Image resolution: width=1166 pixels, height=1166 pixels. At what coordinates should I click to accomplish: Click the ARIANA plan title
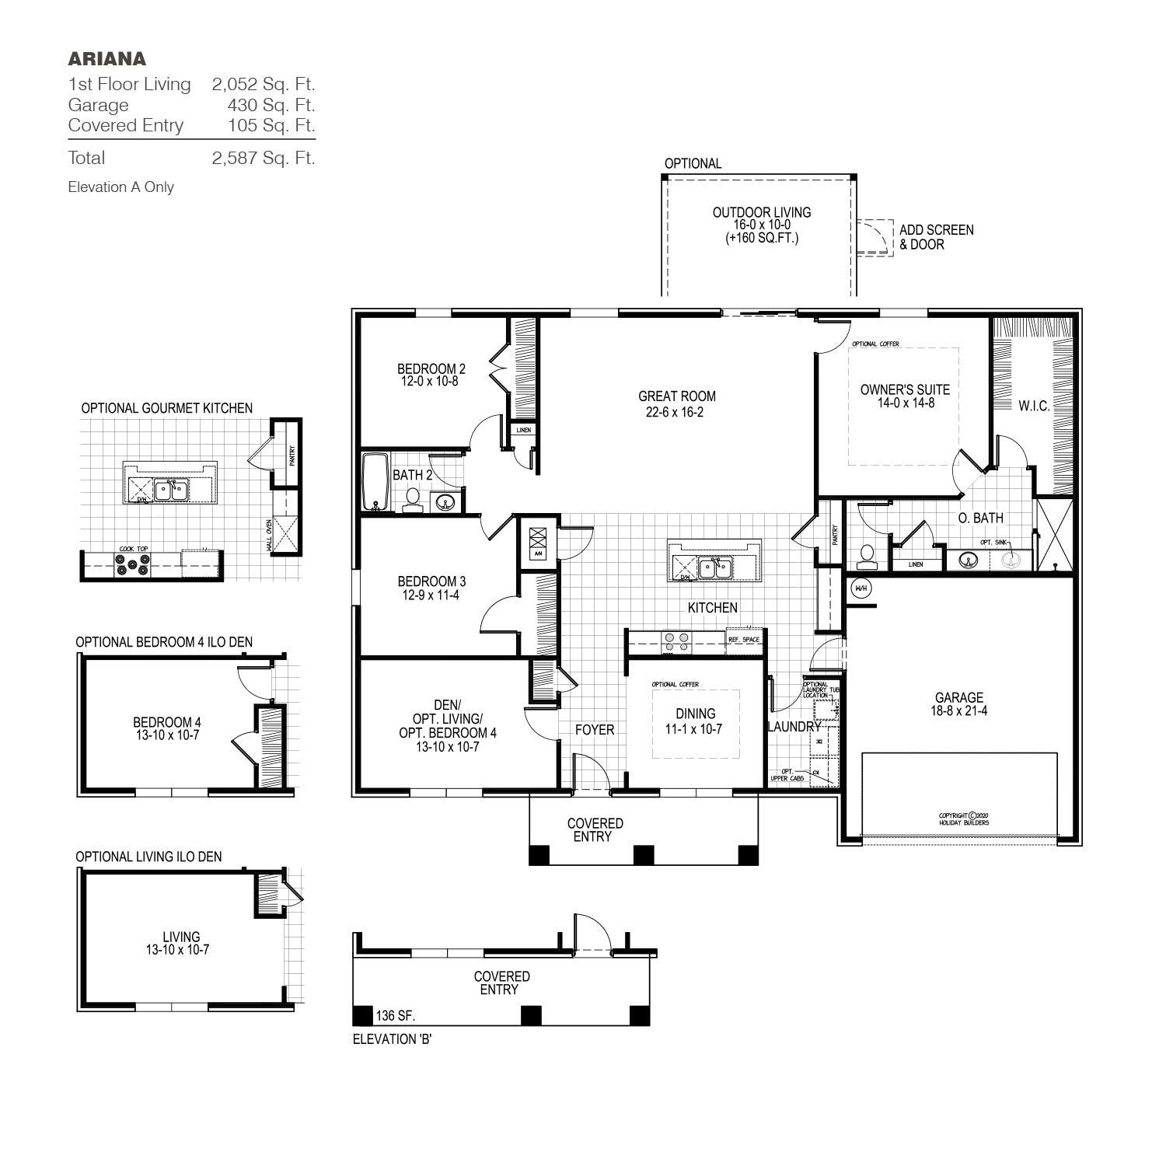[x=106, y=59]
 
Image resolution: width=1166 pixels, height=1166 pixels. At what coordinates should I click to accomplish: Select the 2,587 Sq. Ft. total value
[x=263, y=158]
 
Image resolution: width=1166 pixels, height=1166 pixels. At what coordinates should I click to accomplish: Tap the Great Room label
[x=676, y=396]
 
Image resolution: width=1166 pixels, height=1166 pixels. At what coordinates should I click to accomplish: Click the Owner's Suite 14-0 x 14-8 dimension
[x=905, y=403]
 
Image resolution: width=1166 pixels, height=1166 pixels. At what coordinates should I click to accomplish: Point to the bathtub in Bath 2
[x=375, y=482]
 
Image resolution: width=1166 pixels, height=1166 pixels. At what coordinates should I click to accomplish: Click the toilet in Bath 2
[x=412, y=499]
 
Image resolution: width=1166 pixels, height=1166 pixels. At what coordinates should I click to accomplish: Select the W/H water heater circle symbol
[x=861, y=588]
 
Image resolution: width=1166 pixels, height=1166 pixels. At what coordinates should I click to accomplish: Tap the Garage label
[x=958, y=697]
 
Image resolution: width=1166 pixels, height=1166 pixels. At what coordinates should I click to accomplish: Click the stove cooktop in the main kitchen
[x=676, y=641]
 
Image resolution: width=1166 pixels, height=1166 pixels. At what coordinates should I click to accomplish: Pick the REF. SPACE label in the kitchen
[x=743, y=639]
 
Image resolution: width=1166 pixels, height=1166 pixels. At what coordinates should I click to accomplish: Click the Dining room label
[x=695, y=714]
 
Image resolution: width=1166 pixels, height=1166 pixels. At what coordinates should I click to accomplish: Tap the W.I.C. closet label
[x=1034, y=406]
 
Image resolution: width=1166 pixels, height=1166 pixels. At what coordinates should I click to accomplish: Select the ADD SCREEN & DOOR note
[x=936, y=237]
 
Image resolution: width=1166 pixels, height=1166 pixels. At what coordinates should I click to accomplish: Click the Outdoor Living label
[x=762, y=212]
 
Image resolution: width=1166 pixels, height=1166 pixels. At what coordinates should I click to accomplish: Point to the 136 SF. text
[x=396, y=1016]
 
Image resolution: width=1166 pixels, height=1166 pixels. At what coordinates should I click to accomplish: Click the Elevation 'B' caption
[x=392, y=1039]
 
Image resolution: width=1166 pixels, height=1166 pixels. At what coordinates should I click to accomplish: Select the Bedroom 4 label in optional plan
[x=166, y=722]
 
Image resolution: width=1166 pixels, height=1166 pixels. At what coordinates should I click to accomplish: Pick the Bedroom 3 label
[x=431, y=581]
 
